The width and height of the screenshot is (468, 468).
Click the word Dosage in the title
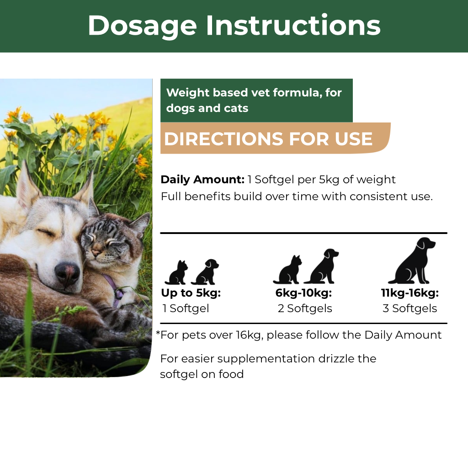point(143,26)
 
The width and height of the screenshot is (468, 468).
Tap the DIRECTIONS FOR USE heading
point(268,139)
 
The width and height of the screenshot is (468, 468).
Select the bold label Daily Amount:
point(202,179)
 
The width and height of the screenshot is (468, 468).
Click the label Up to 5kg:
point(191,293)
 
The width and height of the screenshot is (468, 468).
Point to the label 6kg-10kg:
point(303,293)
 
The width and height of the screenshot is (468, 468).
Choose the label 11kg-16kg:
point(410,293)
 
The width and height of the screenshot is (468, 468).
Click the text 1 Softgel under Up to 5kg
point(186,308)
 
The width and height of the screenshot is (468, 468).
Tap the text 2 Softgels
point(305,308)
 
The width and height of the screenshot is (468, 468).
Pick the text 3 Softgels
point(410,308)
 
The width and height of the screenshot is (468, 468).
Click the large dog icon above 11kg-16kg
point(412,261)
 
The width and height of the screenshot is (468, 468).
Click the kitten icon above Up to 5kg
point(177,272)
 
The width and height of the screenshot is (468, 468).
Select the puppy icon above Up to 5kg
point(205,272)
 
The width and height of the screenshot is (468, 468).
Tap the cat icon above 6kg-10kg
point(287,270)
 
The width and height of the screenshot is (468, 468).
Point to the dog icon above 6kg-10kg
point(322,266)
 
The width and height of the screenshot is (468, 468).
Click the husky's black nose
point(67,272)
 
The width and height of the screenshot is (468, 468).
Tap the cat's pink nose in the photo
point(96,253)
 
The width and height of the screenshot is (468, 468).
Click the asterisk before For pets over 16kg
point(158,333)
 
